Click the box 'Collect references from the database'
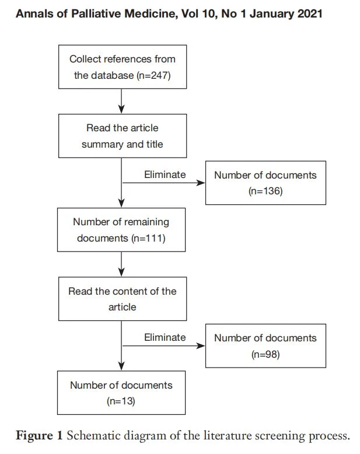pyautogui.click(x=123, y=67)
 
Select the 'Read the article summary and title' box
pyautogui.click(x=123, y=136)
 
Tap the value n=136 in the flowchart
pyautogui.click(x=265, y=191)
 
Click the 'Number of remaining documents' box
pyautogui.click(x=121, y=229)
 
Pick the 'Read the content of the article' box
pyautogui.click(x=123, y=299)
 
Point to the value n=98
pyautogui.click(x=265, y=354)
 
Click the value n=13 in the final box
pyautogui.click(x=121, y=401)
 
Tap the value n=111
pyautogui.click(x=148, y=238)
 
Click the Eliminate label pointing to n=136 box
pyautogui.click(x=165, y=174)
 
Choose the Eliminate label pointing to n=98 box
pyautogui.click(x=165, y=337)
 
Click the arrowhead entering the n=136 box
pyautogui.click(x=201, y=183)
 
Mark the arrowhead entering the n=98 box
pyautogui.click(x=201, y=345)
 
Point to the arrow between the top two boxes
pyautogui.click(x=121, y=101)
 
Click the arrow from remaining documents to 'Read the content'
pyautogui.click(x=121, y=264)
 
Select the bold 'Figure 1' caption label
pyautogui.click(x=39, y=435)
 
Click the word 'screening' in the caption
pyautogui.click(x=279, y=436)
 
